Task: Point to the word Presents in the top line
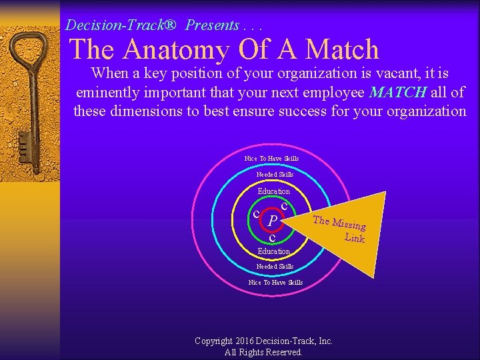point(212,26)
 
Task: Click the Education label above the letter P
point(274,191)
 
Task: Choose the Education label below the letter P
point(274,251)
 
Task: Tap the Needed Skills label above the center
point(275,175)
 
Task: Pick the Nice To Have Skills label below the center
point(275,283)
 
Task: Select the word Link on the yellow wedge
point(355,237)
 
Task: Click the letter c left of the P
point(257,213)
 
